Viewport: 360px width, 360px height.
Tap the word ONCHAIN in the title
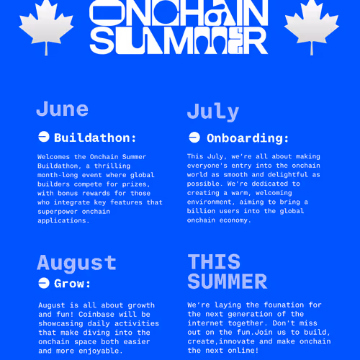coord(180,14)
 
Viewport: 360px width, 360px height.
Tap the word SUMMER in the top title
coord(180,42)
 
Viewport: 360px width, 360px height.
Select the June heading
coord(62,109)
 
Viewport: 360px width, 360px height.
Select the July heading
coord(212,112)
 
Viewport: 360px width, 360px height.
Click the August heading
coord(76,263)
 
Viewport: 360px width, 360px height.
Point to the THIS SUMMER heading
coord(227,271)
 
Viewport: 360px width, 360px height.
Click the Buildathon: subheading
coord(95,138)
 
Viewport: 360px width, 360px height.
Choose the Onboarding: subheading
coord(248,138)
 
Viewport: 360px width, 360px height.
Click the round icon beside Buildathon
coord(43,138)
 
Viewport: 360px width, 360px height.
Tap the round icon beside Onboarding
coord(194,138)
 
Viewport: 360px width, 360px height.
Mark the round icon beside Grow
coord(43,283)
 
